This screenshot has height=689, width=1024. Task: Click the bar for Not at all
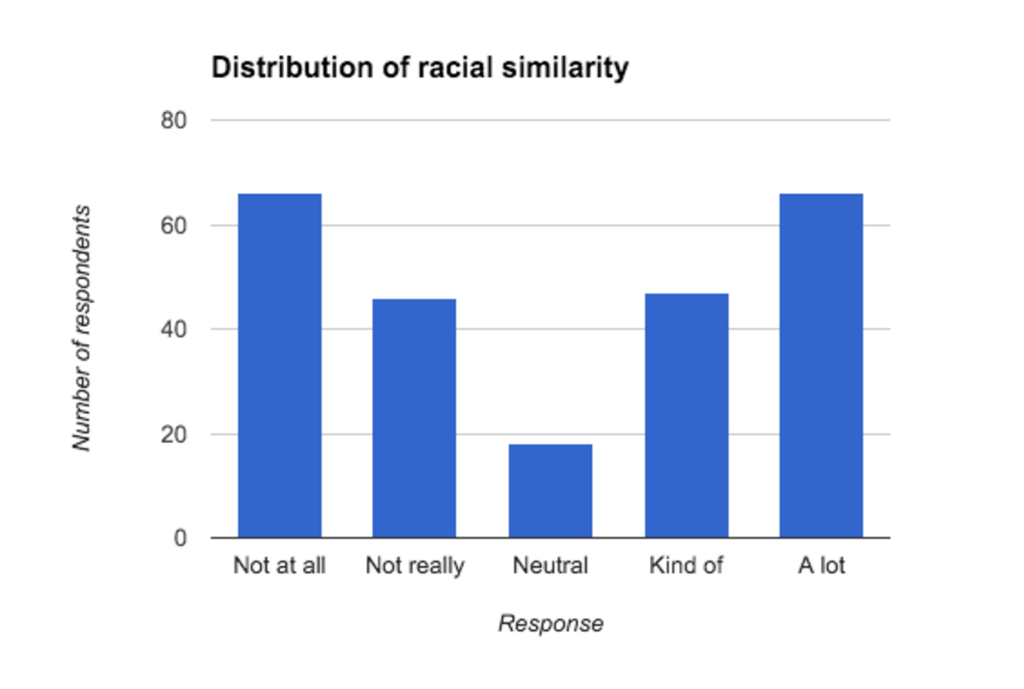click(279, 366)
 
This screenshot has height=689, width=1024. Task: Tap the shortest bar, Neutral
click(550, 491)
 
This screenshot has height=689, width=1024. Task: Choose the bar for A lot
click(821, 366)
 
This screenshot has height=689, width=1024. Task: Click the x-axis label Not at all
click(279, 565)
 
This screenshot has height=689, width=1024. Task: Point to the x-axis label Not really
click(414, 565)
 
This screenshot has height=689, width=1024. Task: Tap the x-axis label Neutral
click(550, 565)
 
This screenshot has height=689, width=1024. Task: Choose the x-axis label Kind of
click(686, 565)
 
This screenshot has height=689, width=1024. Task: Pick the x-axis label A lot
click(821, 565)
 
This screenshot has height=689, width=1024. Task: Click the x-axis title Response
click(551, 623)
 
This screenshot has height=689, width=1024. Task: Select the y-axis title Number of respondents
click(83, 328)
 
